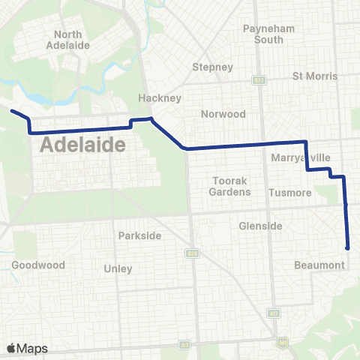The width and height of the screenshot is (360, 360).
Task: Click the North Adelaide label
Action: coord(73,40)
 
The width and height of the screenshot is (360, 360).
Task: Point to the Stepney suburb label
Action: coord(213,67)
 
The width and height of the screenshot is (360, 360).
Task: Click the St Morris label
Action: coord(315,76)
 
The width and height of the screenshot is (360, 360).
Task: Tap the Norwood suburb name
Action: coord(223,114)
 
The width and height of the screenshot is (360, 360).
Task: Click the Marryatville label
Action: coord(300,158)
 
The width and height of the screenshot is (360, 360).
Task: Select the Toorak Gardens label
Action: coord(229,187)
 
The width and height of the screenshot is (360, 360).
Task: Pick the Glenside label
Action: coord(260,226)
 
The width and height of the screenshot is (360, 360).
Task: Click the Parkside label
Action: coord(139,235)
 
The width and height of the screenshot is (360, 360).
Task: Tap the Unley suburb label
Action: coord(118,268)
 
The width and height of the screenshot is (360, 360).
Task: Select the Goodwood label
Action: coord(38,265)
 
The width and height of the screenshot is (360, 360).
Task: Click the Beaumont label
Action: coord(320,265)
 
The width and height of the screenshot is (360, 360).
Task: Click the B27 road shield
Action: coord(259,79)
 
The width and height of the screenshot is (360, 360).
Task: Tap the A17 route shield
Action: coord(274,313)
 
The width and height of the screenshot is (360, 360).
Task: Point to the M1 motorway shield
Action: coord(283,343)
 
